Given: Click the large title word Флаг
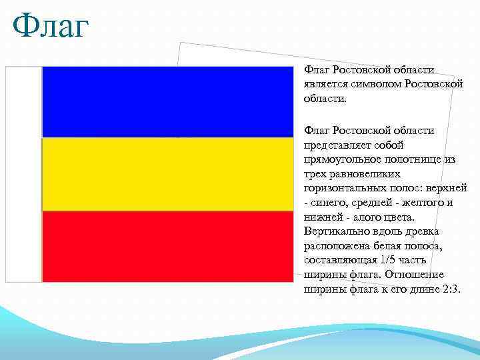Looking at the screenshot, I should (51, 28).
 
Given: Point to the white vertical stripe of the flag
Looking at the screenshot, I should (24, 174).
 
